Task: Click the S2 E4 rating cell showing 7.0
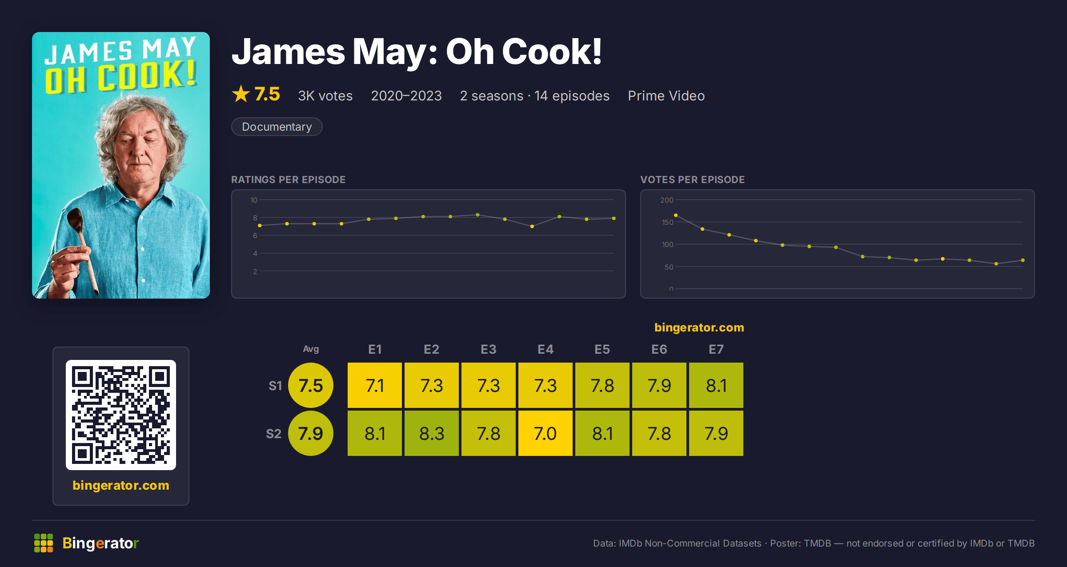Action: click(x=546, y=433)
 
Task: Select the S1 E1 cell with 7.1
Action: click(x=375, y=385)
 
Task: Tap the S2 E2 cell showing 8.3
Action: click(x=432, y=433)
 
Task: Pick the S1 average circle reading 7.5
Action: click(x=311, y=385)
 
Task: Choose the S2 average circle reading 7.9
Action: click(x=311, y=433)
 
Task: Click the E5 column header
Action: click(x=602, y=349)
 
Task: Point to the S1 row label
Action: click(x=275, y=386)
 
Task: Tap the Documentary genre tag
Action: click(x=277, y=127)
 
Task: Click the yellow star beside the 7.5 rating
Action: click(x=241, y=94)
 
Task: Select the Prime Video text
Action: click(x=666, y=96)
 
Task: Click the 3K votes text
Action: click(x=325, y=96)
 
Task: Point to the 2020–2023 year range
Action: click(x=406, y=96)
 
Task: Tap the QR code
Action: click(x=121, y=415)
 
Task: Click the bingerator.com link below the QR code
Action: click(x=121, y=485)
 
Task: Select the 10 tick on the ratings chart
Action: click(x=254, y=200)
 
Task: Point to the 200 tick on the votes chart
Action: click(x=667, y=200)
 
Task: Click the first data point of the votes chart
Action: click(x=676, y=216)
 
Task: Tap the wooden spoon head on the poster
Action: click(x=75, y=218)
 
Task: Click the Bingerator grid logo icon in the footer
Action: click(x=44, y=543)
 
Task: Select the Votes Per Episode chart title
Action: click(x=692, y=180)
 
